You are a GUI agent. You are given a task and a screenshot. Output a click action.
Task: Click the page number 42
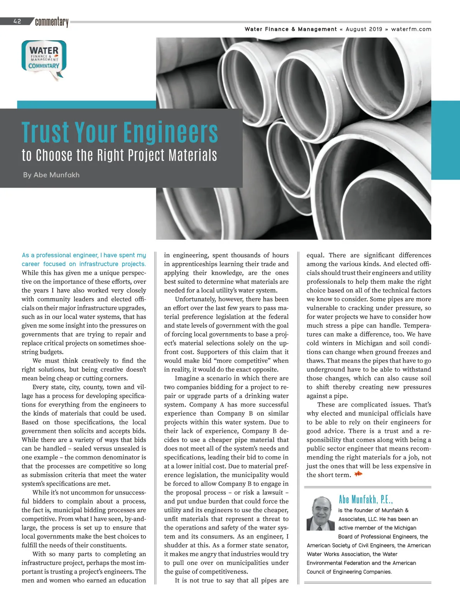[x=17, y=21]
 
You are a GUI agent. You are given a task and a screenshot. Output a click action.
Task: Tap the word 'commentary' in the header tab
[x=52, y=22]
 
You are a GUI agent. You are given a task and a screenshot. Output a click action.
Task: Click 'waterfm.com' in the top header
[x=411, y=29]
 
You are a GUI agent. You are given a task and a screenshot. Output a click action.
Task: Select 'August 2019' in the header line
[x=364, y=29]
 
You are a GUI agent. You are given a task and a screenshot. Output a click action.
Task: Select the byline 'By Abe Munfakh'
[x=51, y=175]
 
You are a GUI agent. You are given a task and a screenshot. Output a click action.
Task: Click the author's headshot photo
[x=321, y=513]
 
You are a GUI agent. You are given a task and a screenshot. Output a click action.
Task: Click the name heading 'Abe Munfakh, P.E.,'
[x=366, y=499]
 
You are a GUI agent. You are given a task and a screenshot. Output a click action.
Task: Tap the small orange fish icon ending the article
[x=358, y=474]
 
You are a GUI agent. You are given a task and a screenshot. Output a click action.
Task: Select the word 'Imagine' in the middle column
[x=187, y=378]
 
